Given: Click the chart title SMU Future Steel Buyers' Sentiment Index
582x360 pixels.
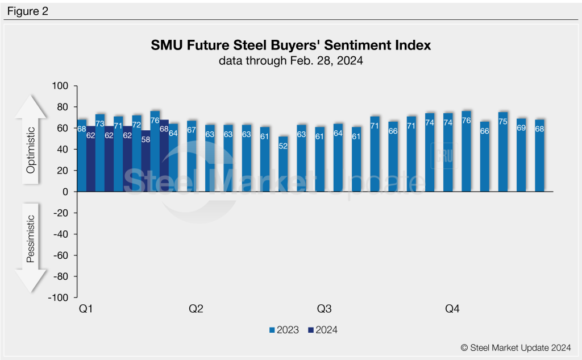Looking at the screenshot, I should pos(290,45).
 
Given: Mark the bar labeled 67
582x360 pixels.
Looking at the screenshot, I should pos(192,156).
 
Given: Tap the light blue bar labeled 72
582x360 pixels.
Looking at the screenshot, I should pos(136,153).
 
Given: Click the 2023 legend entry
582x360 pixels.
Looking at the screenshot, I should pos(284,330).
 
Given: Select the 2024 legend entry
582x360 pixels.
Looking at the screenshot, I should pos(322,330).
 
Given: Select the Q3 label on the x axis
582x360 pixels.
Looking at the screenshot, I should pos(324,309).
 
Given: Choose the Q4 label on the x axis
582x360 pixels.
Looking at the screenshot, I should pos(452,309).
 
